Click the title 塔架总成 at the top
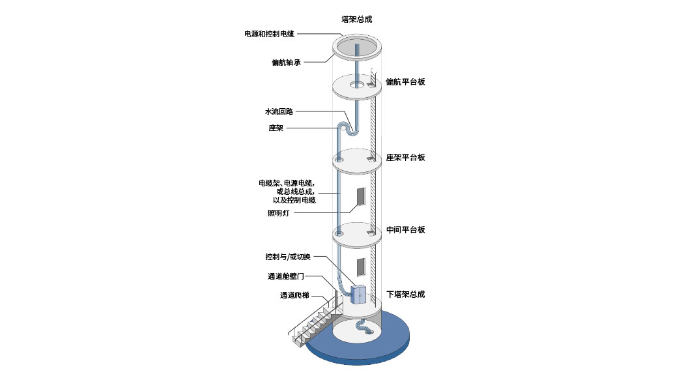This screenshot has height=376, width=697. (356, 20)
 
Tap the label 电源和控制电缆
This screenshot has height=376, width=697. (270, 34)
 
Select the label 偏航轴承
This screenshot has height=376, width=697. (286, 63)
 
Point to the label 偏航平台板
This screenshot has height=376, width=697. (405, 81)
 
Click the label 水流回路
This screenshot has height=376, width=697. (279, 111)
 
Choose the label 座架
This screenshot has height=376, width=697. (276, 128)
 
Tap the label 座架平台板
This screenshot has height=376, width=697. (405, 157)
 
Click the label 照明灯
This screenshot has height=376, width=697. (278, 213)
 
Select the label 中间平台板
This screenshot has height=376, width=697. (405, 230)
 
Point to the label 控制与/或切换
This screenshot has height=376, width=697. (288, 257)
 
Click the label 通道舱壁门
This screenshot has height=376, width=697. (286, 276)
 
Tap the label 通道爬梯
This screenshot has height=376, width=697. (294, 295)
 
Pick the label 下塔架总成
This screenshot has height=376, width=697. (405, 295)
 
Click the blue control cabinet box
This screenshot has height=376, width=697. (358, 295)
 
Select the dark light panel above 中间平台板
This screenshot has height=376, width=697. (361, 197)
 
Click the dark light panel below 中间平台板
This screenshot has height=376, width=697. (361, 267)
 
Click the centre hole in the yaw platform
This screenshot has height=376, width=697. (356, 85)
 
